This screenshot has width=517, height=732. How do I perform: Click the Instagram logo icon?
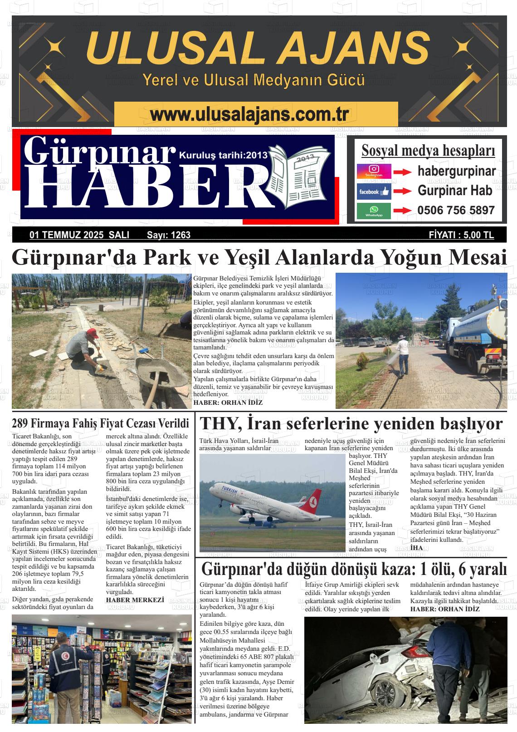pyautogui.click(x=374, y=171)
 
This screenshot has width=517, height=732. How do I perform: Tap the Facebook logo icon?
pyautogui.click(x=374, y=192)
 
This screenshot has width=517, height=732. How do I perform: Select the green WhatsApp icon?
pyautogui.click(x=374, y=211)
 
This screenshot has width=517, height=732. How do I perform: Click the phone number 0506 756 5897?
pyautogui.click(x=456, y=211)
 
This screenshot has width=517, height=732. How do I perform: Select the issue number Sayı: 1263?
pyautogui.click(x=169, y=235)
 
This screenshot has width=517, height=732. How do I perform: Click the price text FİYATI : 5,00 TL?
pyautogui.click(x=461, y=235)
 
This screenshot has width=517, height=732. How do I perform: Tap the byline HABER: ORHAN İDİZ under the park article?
pyautogui.click(x=228, y=403)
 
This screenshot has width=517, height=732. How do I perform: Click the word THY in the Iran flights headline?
pyautogui.click(x=218, y=424)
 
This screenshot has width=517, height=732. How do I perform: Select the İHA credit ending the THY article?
pyautogui.click(x=416, y=548)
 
